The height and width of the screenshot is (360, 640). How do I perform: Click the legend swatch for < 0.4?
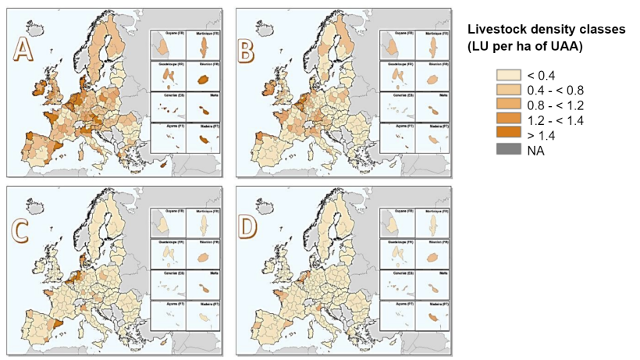point(507,75)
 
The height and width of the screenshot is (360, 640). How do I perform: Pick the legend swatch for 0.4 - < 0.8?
point(507,90)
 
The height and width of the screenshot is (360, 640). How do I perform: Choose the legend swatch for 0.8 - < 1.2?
point(507,105)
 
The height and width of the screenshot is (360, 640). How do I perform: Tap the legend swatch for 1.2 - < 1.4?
point(507,119)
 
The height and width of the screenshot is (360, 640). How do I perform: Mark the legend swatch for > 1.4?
point(507,134)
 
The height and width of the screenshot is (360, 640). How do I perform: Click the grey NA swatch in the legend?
point(507,149)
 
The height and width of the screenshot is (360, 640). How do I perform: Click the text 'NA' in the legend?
point(535,150)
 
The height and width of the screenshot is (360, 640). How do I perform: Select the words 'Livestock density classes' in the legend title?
point(546,29)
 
